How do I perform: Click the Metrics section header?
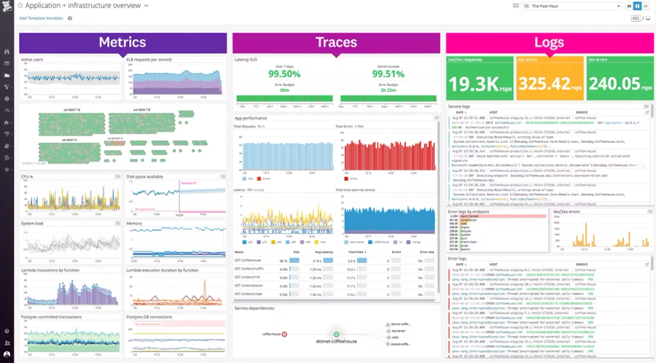pyautogui.click(x=122, y=43)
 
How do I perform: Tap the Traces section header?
pyautogui.click(x=336, y=43)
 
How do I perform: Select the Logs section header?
pyautogui.click(x=548, y=43)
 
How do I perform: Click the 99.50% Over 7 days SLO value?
pyautogui.click(x=284, y=74)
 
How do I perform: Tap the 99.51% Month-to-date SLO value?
pyautogui.click(x=388, y=74)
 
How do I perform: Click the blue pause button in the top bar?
pyautogui.click(x=637, y=6)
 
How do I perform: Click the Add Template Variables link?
pyautogui.click(x=41, y=18)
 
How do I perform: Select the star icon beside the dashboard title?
pyautogui.click(x=20, y=6)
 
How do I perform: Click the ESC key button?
pyautogui.click(x=636, y=18)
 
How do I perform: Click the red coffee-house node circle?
pyautogui.click(x=284, y=335)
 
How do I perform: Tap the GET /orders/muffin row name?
pyautogui.click(x=249, y=269)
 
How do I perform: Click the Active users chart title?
pyautogui.click(x=32, y=59)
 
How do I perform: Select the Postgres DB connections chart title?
pyautogui.click(x=149, y=317)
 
